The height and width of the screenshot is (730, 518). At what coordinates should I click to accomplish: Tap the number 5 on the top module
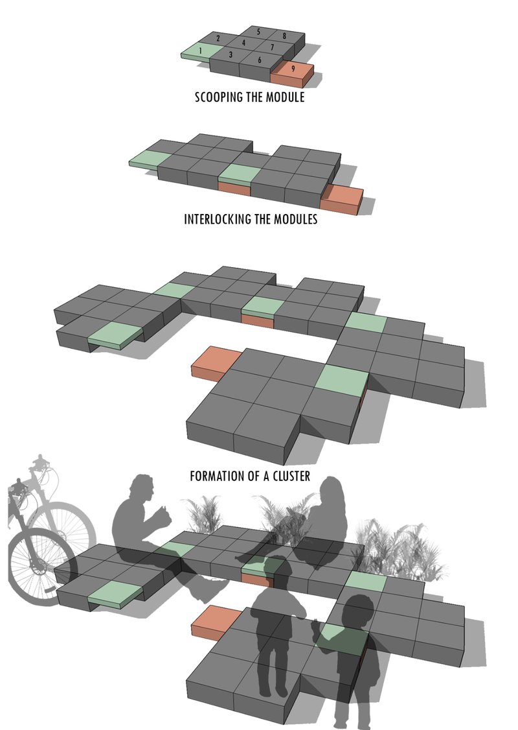pyautogui.click(x=258, y=32)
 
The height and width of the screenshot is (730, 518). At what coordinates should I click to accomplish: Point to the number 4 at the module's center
pyautogui.click(x=243, y=43)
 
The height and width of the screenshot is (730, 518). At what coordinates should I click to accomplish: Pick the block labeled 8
pyautogui.click(x=284, y=35)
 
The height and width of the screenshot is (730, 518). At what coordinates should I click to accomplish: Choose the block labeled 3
pyautogui.click(x=231, y=56)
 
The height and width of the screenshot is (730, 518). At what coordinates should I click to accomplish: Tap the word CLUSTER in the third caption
pyautogui.click(x=289, y=477)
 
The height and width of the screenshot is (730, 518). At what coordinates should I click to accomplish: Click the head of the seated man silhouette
pyautogui.click(x=141, y=488)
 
